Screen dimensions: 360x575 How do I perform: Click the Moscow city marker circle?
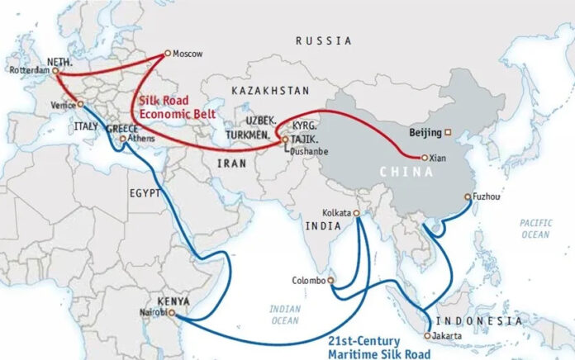tap(168, 54)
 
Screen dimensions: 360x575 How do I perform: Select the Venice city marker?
tap(80, 104)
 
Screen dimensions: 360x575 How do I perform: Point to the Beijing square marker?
tap(448, 132)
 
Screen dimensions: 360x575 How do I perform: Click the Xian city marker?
tap(424, 157)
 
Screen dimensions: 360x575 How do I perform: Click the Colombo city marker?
tap(330, 280)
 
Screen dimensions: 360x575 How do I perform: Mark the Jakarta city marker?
tap(427, 335)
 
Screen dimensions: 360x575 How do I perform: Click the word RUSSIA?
tap(324, 40)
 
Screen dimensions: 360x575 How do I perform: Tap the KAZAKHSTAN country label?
tap(270, 89)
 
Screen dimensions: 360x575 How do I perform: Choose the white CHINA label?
tap(405, 172)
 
